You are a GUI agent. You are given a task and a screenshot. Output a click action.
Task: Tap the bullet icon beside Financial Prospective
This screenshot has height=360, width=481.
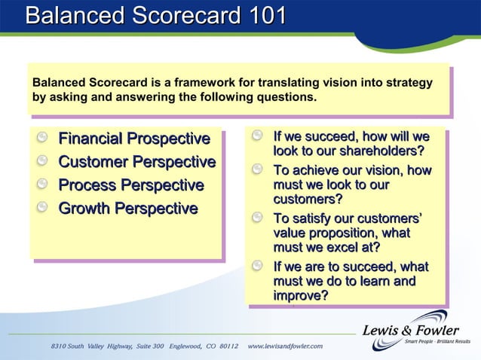coord(44,139)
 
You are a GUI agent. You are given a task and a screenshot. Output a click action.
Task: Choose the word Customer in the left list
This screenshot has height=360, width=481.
coord(94,162)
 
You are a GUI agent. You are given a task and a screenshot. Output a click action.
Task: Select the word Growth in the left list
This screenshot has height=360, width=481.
coord(85,208)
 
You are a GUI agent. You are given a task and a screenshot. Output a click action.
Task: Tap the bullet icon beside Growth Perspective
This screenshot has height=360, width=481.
coord(44,208)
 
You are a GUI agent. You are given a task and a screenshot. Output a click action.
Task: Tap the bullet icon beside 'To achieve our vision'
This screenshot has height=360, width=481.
coord(259,171)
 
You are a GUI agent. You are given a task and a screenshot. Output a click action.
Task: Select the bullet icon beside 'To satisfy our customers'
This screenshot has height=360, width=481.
coord(259,219)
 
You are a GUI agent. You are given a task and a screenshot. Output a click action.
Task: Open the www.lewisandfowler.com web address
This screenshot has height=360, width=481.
coord(285,346)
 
